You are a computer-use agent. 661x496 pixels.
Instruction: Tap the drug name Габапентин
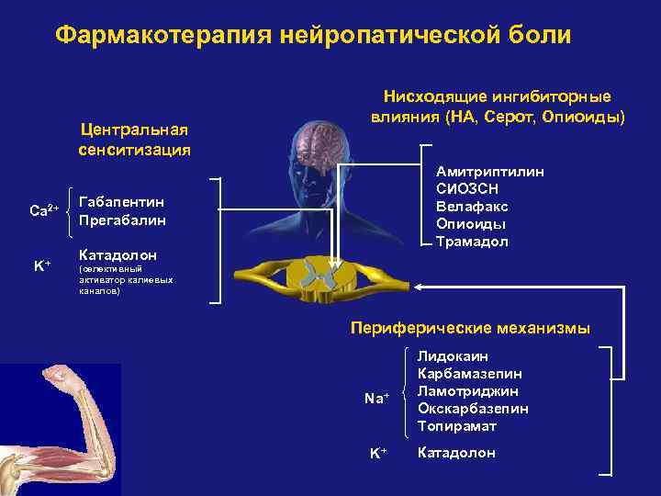pyautogui.click(x=122, y=203)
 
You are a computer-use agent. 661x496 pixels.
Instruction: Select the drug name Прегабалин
pyautogui.click(x=122, y=220)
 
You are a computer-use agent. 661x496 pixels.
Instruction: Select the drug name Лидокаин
pyautogui.click(x=453, y=356)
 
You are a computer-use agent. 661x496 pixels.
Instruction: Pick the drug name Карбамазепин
pyautogui.click(x=470, y=374)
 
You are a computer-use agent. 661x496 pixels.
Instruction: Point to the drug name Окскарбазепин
pyautogui.click(x=473, y=409)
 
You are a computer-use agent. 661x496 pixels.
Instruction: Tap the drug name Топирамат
pyautogui.click(x=456, y=426)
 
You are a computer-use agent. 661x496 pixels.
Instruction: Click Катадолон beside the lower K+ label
pyautogui.click(x=456, y=453)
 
